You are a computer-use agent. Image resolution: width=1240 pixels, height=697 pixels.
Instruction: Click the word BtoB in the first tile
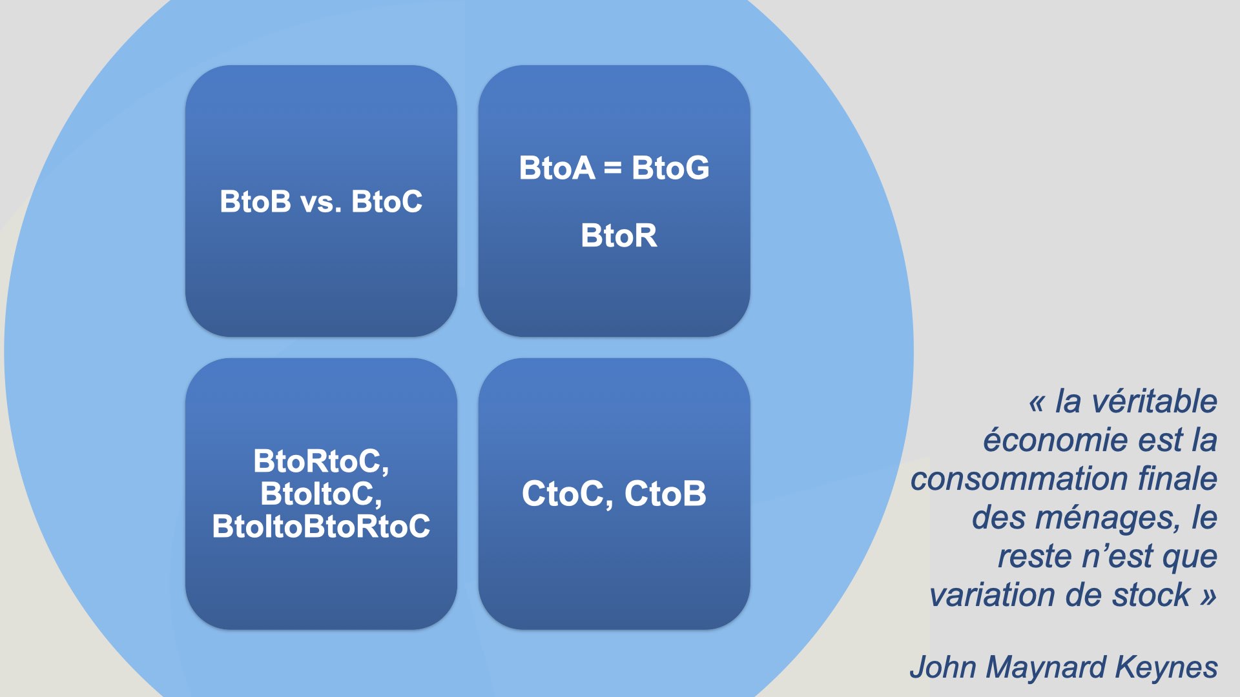tap(256, 201)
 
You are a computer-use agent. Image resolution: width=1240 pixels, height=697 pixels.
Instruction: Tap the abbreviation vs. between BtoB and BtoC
tap(321, 202)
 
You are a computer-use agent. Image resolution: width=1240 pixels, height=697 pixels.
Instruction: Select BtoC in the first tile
tap(387, 201)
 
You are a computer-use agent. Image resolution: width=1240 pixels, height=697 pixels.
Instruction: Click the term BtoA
tap(557, 168)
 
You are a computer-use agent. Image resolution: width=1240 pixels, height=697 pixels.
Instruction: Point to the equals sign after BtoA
tap(613, 168)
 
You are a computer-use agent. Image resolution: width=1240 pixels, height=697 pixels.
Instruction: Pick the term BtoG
tap(670, 168)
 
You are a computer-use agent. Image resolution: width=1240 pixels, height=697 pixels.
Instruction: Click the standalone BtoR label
tap(619, 236)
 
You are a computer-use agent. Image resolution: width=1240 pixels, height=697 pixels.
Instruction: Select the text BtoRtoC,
tap(321, 461)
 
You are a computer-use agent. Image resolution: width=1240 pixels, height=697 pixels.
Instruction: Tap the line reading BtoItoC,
tap(321, 494)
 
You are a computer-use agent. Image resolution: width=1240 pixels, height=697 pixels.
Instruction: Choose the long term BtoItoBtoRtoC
tap(321, 527)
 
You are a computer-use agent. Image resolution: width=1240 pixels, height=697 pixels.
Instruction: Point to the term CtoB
tap(665, 494)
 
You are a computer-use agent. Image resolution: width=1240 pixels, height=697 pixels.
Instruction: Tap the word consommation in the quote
tap(1019, 479)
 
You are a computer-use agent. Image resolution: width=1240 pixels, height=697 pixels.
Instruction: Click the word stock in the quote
tap(1152, 595)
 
